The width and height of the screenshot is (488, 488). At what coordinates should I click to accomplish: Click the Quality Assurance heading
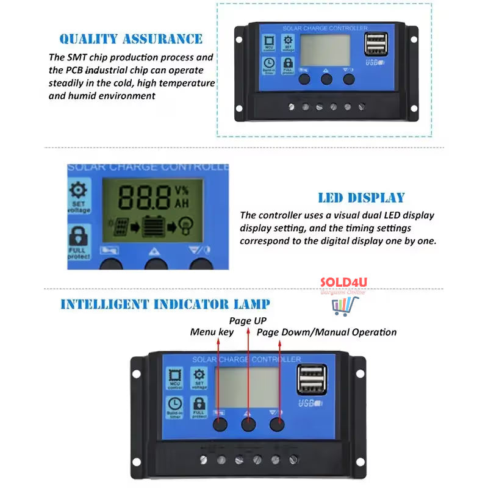[x=131, y=39]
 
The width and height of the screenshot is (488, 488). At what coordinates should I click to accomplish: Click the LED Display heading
[x=361, y=198]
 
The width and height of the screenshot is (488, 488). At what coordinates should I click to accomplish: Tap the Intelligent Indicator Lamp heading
[x=165, y=304]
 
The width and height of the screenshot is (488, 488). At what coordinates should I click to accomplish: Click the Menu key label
[x=212, y=332]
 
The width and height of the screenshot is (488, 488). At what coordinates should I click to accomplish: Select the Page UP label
[x=248, y=320]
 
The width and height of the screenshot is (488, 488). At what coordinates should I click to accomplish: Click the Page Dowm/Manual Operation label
[x=326, y=332]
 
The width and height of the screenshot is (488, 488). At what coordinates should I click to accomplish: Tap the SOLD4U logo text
[x=343, y=283]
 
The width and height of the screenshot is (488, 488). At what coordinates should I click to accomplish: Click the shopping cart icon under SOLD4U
[x=343, y=306]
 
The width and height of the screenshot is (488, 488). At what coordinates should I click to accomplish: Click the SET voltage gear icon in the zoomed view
[x=79, y=190]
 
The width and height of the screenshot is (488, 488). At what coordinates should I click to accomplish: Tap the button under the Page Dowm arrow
[x=278, y=424]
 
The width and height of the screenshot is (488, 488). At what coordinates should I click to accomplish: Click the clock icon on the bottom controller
[x=175, y=404]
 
